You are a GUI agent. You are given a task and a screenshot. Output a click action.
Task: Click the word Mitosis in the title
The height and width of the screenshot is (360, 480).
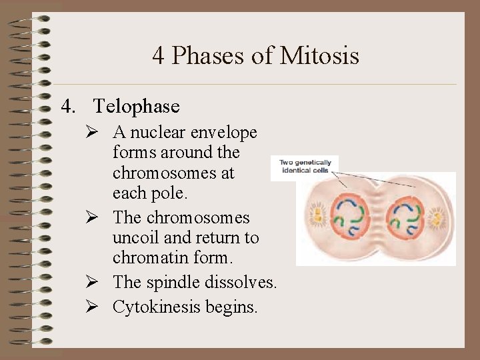pos(319,55)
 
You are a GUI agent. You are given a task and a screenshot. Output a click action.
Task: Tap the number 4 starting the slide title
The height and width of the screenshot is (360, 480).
pos(159,55)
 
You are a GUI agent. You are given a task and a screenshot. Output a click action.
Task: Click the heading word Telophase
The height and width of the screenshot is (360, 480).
pos(137,106)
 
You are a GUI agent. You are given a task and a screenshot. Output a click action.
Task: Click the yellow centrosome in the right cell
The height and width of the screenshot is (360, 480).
pos(439,217)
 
